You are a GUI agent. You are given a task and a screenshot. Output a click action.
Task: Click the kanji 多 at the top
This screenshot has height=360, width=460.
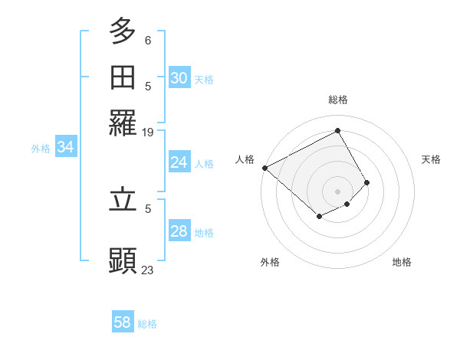[x=123, y=31]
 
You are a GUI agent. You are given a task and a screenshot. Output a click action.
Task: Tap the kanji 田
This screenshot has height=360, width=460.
[x=123, y=77]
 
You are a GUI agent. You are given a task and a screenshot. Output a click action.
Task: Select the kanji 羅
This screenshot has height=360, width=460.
[x=123, y=123]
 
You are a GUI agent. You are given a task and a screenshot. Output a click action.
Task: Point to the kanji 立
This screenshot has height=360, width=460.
[x=123, y=200]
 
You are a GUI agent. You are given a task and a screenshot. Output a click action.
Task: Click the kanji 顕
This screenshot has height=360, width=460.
[x=123, y=260]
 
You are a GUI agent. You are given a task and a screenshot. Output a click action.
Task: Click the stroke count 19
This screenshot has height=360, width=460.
[x=148, y=133]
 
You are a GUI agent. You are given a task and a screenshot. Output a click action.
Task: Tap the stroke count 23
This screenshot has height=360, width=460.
[x=148, y=270]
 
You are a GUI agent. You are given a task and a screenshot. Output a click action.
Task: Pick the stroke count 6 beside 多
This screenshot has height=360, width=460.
[x=148, y=40]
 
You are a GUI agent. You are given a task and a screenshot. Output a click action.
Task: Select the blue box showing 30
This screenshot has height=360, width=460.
[x=179, y=78]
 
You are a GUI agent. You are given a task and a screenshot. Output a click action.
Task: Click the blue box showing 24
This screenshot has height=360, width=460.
[x=179, y=162]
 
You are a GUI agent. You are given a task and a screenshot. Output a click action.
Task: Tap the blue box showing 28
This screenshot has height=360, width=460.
[x=179, y=231]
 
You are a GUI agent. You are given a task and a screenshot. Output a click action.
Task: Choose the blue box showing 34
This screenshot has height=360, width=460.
[x=65, y=147]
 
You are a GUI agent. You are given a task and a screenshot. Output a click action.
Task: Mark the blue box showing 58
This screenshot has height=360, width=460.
[x=123, y=322]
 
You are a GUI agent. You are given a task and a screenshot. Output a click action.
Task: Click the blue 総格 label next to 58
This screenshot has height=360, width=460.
[x=147, y=324]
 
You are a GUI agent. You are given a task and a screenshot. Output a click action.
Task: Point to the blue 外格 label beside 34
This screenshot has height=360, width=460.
[x=41, y=149]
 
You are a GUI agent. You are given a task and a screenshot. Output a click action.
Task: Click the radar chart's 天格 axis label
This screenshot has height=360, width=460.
[x=431, y=159]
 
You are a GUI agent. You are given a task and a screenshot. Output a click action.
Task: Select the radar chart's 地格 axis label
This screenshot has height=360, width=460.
[x=402, y=262]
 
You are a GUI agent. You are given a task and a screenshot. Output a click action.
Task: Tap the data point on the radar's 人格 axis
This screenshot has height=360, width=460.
[x=264, y=168]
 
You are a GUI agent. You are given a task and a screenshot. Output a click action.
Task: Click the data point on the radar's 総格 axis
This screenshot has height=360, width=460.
[x=337, y=130]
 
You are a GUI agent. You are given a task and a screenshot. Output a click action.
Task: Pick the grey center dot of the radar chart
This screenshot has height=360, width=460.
[x=337, y=191]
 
